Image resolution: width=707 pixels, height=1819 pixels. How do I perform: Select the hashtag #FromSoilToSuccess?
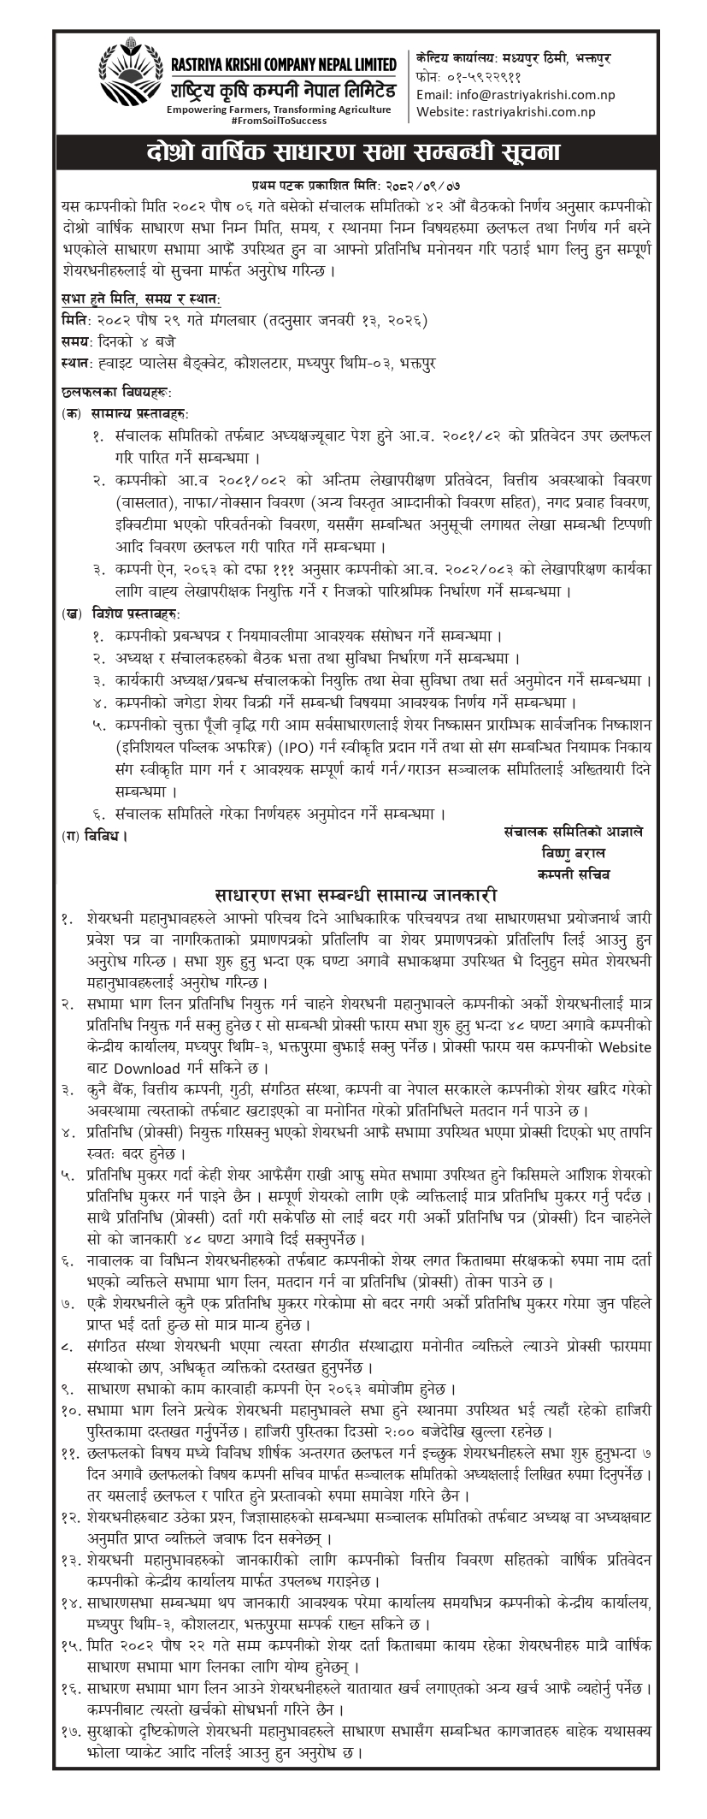point(279,121)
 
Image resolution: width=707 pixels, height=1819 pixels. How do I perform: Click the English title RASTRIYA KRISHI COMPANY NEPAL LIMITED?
point(279,64)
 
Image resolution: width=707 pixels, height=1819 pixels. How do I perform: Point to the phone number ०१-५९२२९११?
point(478,77)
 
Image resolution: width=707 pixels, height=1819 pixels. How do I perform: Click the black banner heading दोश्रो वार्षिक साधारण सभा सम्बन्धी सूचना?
point(353,155)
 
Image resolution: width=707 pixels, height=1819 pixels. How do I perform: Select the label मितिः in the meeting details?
point(74,320)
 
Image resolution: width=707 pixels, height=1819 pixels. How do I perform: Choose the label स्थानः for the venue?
point(78,364)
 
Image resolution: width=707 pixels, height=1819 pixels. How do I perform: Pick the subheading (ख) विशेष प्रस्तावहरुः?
point(121,614)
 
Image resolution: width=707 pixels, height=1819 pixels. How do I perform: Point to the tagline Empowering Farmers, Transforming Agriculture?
point(279,110)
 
